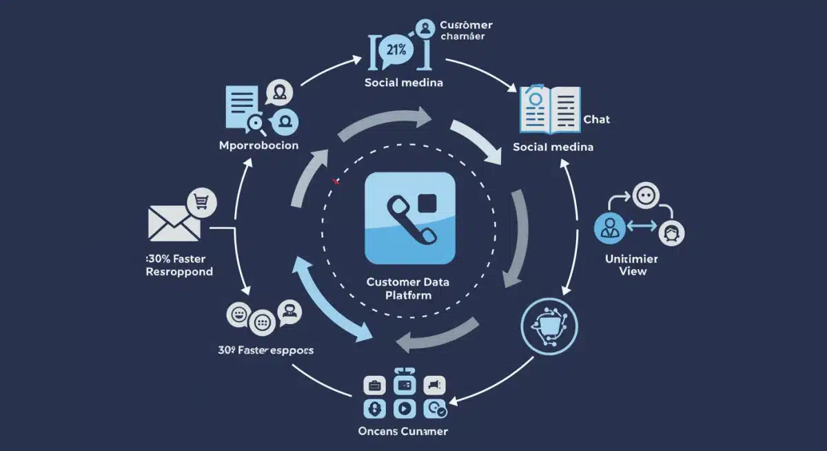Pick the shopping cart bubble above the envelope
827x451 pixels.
click(202, 201)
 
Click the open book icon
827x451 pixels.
click(551, 109)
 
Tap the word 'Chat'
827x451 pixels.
click(596, 120)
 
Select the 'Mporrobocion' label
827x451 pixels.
click(258, 146)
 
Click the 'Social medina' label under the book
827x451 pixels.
click(553, 147)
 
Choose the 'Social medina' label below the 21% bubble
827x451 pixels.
click(403, 82)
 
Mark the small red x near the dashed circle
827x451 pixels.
click(336, 181)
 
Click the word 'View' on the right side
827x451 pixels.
click(633, 272)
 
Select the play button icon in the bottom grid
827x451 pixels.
click(404, 408)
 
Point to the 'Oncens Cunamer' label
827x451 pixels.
click(403, 432)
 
